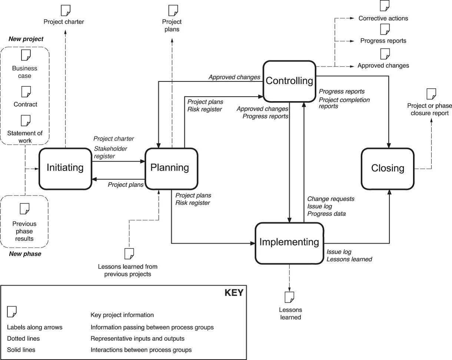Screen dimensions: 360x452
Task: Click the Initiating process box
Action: pyautogui.click(x=65, y=168)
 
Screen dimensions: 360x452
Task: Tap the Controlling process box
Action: pyautogui.click(x=289, y=81)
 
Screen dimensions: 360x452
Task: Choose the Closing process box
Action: pyautogui.click(x=388, y=169)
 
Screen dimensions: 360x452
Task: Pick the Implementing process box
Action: pyautogui.click(x=289, y=243)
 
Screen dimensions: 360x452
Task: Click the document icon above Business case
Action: pyautogui.click(x=25, y=55)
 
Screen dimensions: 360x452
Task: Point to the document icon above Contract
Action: pyautogui.click(x=25, y=91)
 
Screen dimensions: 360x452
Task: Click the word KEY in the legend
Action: pyautogui.click(x=234, y=293)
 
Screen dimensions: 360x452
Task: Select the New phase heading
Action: pyautogui.click(x=25, y=254)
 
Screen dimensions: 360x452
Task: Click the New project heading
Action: pyautogui.click(x=26, y=39)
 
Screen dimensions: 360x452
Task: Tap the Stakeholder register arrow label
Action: pyautogui.click(x=110, y=152)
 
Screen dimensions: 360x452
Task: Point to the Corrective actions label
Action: pyautogui.click(x=383, y=18)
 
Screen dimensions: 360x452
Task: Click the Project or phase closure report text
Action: pyautogui.click(x=428, y=110)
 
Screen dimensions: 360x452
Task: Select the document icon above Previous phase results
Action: pyautogui.click(x=25, y=209)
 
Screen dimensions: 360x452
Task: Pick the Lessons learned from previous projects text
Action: pyautogui.click(x=127, y=270)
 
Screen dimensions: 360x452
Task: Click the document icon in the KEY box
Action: pyautogui.click(x=12, y=312)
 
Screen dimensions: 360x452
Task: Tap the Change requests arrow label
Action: pyautogui.click(x=330, y=199)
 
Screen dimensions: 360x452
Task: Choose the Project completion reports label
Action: pyautogui.click(x=344, y=103)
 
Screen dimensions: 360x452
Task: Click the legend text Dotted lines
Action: pyautogui.click(x=23, y=339)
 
